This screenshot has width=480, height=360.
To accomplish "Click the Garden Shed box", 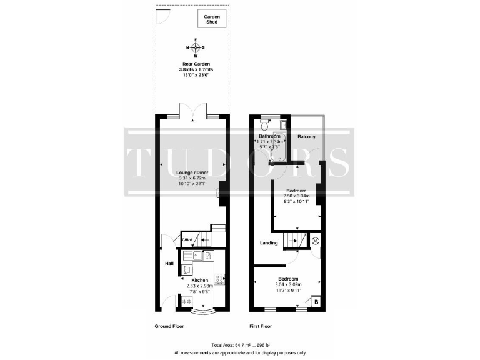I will click(x=211, y=19).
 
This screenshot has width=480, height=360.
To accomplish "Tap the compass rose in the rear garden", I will click(x=196, y=47).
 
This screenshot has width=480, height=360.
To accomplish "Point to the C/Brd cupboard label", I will click(x=186, y=240).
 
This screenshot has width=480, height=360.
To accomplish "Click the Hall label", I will click(x=169, y=264).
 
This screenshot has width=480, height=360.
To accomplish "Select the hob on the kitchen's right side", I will click(x=219, y=279).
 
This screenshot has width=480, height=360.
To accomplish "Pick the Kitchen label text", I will click(x=200, y=280).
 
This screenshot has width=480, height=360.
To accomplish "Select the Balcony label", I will click(x=306, y=137).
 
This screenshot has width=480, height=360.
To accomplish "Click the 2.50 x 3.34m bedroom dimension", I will click(x=295, y=196).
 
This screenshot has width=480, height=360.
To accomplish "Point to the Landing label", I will click(x=269, y=243).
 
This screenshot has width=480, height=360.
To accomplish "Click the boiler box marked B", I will click(x=316, y=302).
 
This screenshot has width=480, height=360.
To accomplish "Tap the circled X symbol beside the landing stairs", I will click(x=315, y=240).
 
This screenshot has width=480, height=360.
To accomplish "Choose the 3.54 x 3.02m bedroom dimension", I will click(x=287, y=284).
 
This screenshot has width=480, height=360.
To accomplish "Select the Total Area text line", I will click(x=239, y=345).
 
